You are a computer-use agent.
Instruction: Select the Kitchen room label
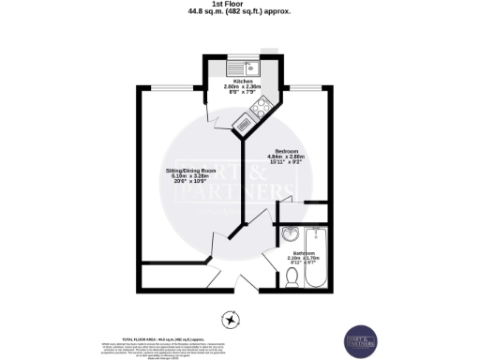242,82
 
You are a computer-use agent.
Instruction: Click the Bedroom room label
286,151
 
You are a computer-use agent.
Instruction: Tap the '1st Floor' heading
240,5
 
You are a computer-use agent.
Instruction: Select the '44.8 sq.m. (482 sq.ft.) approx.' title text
240,13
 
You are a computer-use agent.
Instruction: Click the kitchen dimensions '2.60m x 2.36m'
242,88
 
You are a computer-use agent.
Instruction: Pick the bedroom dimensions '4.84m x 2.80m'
286,157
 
